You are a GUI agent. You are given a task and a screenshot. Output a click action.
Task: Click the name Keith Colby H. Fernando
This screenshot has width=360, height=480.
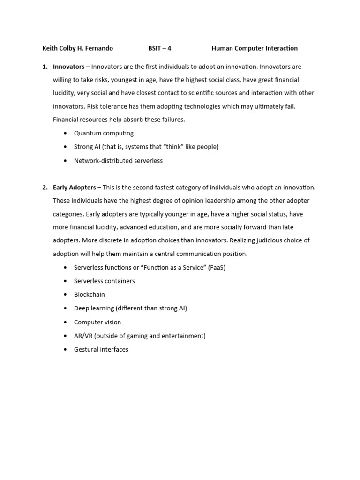(77, 48)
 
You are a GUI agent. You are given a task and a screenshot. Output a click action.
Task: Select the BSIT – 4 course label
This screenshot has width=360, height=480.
(159, 48)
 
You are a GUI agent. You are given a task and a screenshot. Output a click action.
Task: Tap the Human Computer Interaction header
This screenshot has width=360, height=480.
(255, 48)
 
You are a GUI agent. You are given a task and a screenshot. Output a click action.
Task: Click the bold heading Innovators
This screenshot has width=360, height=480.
(68, 67)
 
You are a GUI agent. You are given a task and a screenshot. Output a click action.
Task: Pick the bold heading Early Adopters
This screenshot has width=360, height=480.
(74, 187)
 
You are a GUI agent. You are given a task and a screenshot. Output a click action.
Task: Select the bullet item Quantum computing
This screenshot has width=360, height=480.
(104, 134)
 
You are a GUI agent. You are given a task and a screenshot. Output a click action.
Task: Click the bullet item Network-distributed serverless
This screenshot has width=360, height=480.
(118, 161)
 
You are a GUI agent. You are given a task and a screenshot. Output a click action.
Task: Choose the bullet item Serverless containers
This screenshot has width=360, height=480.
(104, 281)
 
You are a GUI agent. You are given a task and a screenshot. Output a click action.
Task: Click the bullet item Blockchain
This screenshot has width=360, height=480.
(89, 295)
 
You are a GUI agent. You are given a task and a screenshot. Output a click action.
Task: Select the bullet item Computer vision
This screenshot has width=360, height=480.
(97, 322)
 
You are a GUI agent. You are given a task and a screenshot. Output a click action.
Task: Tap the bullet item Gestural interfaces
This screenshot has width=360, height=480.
(101, 350)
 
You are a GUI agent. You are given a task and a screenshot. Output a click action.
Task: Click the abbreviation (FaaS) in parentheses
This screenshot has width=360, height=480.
(217, 268)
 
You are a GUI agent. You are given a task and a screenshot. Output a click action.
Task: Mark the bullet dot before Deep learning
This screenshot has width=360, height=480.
(65, 308)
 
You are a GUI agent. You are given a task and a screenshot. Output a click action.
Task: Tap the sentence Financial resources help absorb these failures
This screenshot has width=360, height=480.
(119, 120)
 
